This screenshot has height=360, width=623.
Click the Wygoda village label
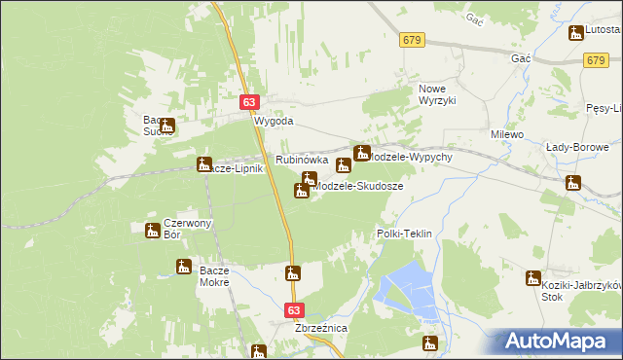pos(274,122)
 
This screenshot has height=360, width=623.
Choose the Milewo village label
pos(508,134)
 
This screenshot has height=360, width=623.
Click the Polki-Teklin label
pos(403,234)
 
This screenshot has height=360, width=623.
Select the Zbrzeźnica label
pos(320,329)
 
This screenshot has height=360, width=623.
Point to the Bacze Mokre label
pos(213,275)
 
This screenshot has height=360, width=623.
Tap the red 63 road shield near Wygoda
pos(250,101)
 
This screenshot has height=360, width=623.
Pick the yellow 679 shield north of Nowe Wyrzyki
pos(411,39)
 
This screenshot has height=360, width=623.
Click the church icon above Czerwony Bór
pos(153,231)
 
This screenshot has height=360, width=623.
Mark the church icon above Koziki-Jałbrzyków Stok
pos(532,278)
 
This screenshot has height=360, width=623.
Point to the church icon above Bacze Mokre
pos(183,267)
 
